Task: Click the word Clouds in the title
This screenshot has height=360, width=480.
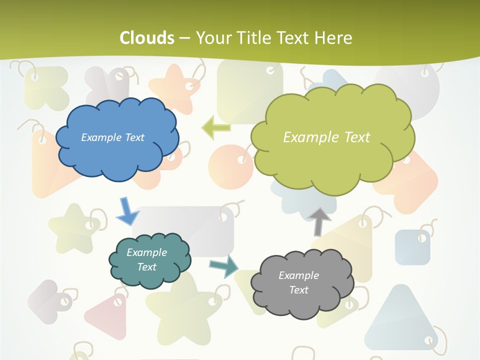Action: point(147,38)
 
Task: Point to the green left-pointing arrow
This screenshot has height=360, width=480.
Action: point(216,127)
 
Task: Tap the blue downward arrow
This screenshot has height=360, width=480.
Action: point(127,211)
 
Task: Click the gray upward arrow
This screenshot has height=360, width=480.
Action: point(319,220)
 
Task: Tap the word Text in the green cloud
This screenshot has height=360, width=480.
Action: point(353,137)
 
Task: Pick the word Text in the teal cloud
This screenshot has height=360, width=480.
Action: point(147,267)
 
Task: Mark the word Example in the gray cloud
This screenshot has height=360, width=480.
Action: point(298,275)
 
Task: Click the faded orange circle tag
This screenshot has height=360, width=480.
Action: point(230,167)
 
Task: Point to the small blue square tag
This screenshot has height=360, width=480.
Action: point(412,247)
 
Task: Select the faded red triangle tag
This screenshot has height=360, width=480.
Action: point(108,315)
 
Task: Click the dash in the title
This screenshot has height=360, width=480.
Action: point(184,38)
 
